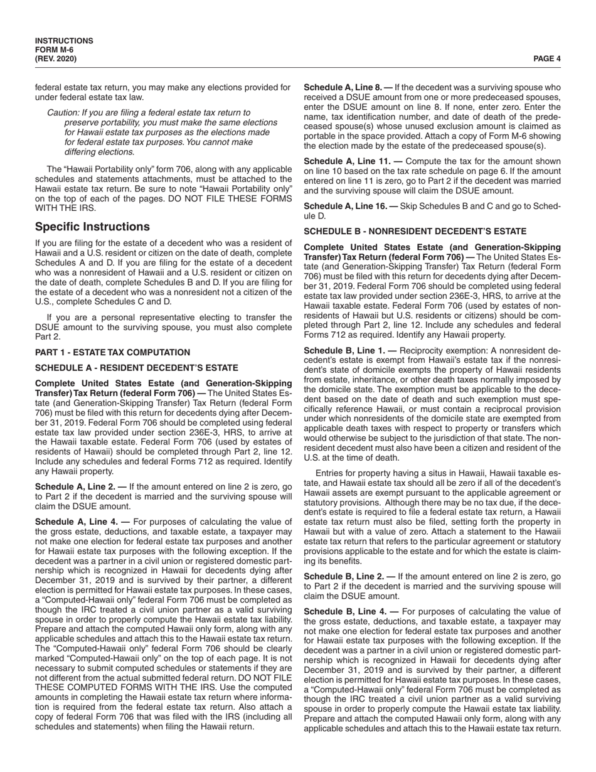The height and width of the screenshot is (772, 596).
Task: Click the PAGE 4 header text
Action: coord(547,59)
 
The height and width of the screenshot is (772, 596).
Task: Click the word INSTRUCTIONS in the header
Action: coord(64,41)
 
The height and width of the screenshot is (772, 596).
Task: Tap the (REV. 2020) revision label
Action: coord(56,59)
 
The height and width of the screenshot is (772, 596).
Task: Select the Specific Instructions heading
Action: coord(92,227)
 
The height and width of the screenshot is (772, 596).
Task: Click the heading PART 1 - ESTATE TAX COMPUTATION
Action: coord(113,353)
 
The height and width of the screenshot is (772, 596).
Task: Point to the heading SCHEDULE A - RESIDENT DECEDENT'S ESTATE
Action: coord(137,368)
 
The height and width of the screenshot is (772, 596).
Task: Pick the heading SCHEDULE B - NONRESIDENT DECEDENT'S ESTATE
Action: coord(415,232)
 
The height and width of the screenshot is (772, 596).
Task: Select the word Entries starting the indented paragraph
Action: coord(330,473)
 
